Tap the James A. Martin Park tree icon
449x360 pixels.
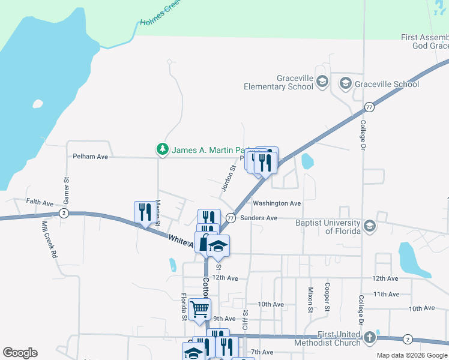162,149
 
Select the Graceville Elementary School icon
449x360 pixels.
322,82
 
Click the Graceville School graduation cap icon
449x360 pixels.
346,84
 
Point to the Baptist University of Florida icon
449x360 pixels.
370,226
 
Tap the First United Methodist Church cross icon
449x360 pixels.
370,338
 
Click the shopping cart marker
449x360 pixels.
199,309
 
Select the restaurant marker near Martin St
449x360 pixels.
144,212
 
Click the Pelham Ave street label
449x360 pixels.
90,157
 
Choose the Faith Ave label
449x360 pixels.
40,203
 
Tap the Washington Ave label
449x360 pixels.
277,203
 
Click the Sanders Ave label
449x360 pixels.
259,218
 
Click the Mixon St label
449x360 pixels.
311,299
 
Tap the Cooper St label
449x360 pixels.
328,297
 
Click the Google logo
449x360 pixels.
20,353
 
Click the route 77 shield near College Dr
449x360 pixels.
369,107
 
